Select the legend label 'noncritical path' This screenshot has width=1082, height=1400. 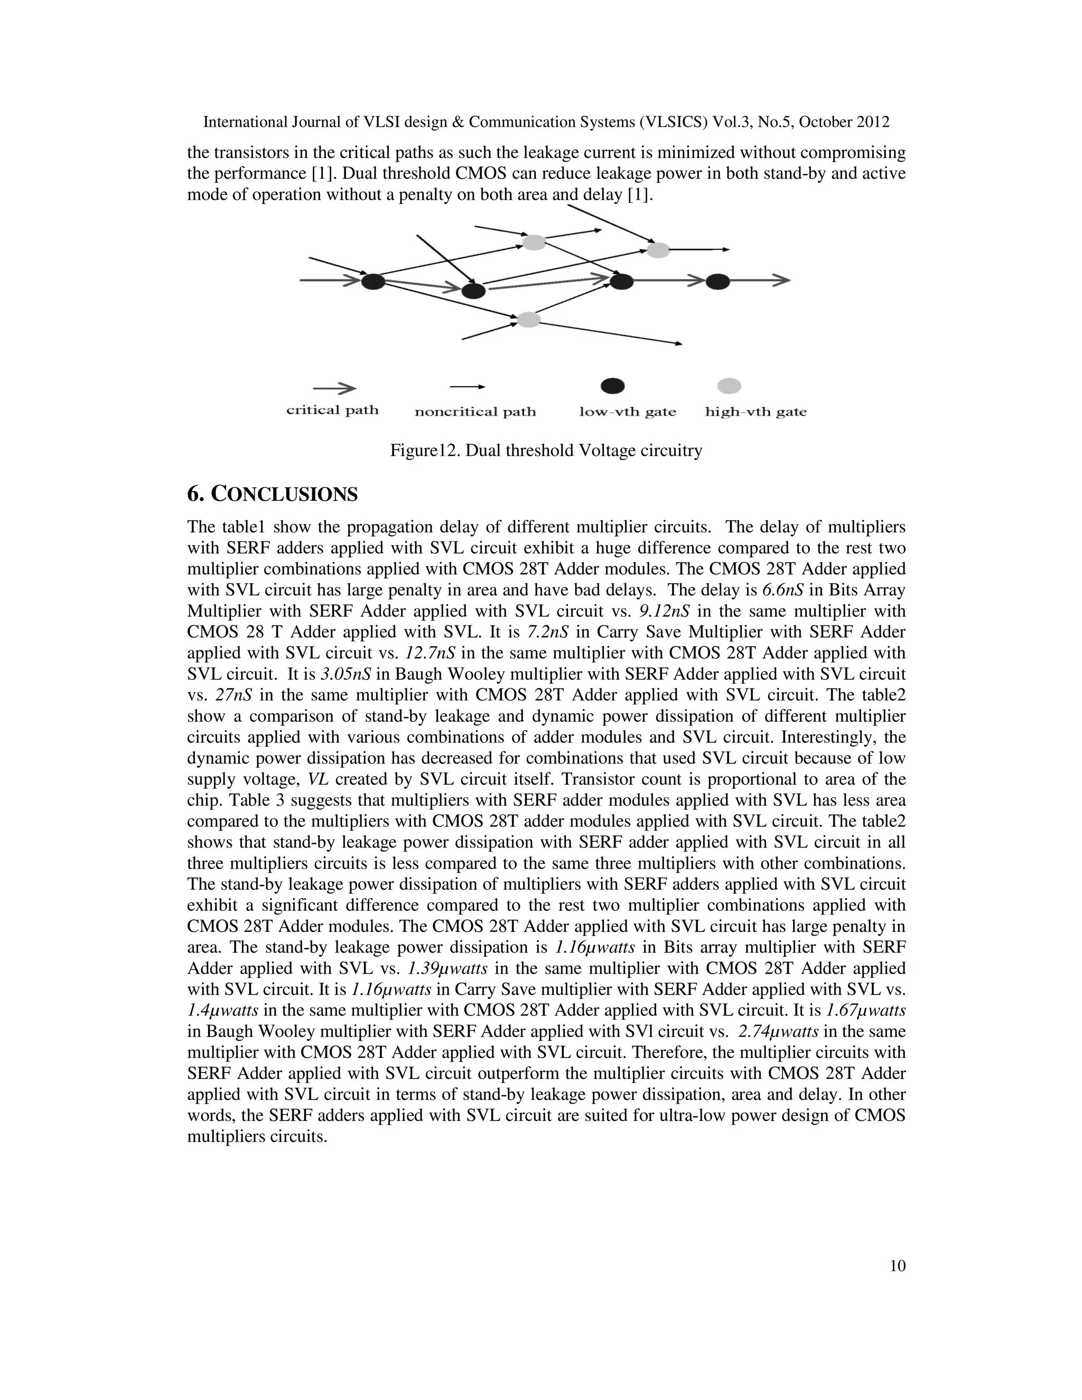click(475, 412)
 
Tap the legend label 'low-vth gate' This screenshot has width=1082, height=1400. click(628, 412)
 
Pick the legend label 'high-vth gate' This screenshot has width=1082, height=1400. click(755, 412)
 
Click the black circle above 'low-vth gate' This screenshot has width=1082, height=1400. click(612, 386)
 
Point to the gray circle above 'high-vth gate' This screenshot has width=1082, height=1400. click(729, 386)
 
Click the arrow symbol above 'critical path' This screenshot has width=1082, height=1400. click(334, 388)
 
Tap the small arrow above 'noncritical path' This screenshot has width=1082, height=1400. click(467, 387)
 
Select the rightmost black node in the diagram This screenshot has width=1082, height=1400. click(718, 281)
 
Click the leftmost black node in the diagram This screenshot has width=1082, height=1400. click(373, 281)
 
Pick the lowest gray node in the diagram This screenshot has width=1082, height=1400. click(528, 319)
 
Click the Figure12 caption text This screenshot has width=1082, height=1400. click(546, 451)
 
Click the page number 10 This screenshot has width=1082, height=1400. click(898, 1266)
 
